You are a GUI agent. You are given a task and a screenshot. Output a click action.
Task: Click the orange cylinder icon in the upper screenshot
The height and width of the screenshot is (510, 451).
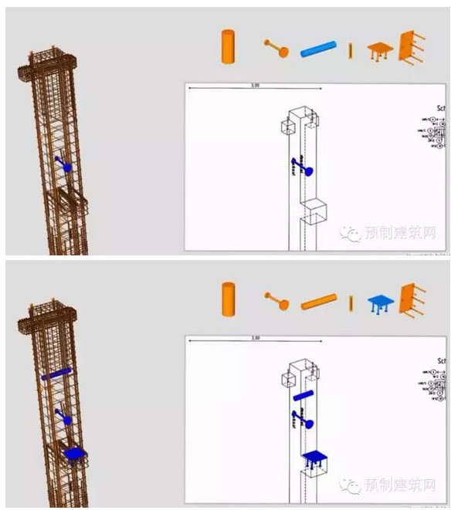click(x=228, y=46)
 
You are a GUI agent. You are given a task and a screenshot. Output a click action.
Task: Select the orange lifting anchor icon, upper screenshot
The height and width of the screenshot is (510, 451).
click(x=276, y=49)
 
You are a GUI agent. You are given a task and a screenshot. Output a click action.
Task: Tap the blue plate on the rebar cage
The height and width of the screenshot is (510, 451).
click(x=73, y=454)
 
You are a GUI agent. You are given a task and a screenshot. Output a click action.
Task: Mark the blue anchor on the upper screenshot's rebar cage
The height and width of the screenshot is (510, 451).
click(x=63, y=164)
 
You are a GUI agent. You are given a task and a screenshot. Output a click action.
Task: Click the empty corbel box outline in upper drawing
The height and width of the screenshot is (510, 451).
click(x=316, y=211)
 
